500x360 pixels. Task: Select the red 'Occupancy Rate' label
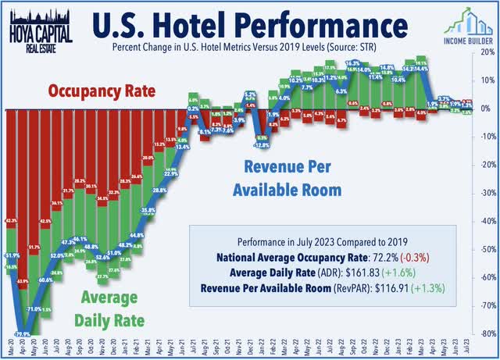coord(102,91)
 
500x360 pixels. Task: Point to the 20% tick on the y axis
coord(485,52)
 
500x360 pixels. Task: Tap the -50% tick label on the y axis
coord(485,249)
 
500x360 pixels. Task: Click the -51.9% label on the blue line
coord(11,255)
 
